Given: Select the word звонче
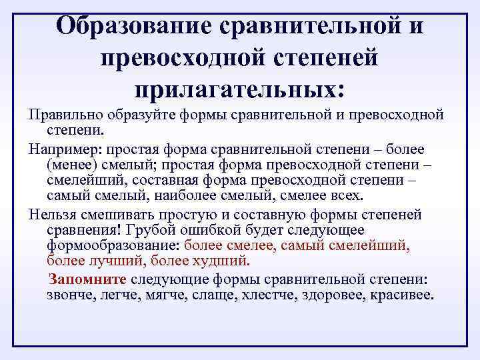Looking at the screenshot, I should coord(69,295).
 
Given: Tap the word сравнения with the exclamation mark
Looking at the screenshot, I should coord(82,230).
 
